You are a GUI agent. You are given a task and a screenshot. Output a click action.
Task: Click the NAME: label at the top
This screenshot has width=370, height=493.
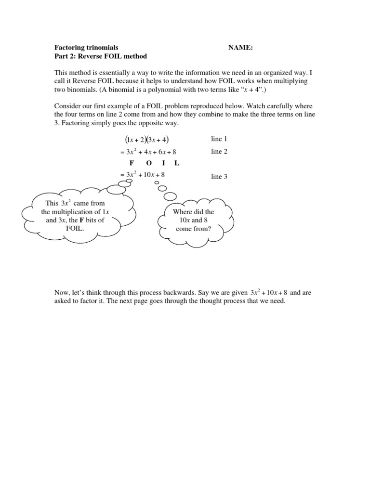(x=241, y=48)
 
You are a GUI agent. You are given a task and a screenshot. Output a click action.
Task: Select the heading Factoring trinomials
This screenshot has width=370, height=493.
(x=86, y=48)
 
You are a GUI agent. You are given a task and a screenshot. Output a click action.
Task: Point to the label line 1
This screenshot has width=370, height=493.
(x=220, y=139)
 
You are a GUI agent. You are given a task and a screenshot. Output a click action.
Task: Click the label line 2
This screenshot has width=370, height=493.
(x=220, y=152)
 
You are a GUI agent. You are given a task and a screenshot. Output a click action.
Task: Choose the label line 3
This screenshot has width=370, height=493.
(x=220, y=177)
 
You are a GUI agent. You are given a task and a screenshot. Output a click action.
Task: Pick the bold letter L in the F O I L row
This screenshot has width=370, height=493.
(x=177, y=163)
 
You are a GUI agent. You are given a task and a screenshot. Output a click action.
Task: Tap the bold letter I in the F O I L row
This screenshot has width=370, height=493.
(x=163, y=163)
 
